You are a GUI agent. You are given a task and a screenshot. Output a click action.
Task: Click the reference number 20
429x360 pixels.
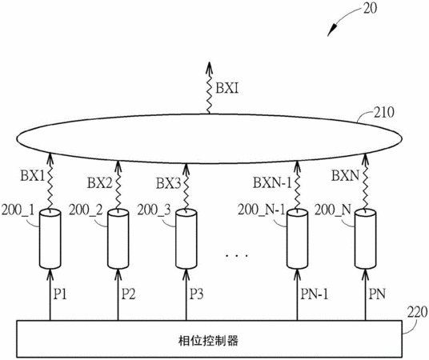pyautogui.click(x=369, y=8)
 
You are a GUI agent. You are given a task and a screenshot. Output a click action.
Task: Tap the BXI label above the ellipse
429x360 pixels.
pyautogui.click(x=227, y=88)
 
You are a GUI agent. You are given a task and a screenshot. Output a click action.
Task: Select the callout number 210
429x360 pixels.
pyautogui.click(x=383, y=112)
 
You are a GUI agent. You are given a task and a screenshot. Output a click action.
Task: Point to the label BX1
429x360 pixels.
pyautogui.click(x=33, y=176)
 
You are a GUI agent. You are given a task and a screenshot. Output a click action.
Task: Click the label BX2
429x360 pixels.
pyautogui.click(x=100, y=182)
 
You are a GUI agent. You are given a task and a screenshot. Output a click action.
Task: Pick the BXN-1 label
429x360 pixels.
pyautogui.click(x=272, y=182)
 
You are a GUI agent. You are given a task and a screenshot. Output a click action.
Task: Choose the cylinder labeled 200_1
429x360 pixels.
pyautogui.click(x=50, y=238)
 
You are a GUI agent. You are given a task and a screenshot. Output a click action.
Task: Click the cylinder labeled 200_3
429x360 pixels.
pyautogui.click(x=186, y=238)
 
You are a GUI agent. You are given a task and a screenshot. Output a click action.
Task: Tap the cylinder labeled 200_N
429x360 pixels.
pyautogui.click(x=365, y=238)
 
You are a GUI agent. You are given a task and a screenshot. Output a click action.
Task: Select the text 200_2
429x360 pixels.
pyautogui.click(x=86, y=210)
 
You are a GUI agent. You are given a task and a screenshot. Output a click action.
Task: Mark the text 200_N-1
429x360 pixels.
pyautogui.click(x=261, y=210)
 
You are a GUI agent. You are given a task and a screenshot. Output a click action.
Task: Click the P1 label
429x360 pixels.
pyautogui.click(x=60, y=294)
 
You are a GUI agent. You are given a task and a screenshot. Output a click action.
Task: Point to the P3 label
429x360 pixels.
pyautogui.click(x=196, y=294)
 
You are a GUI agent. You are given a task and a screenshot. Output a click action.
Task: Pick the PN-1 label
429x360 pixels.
pyautogui.click(x=314, y=294)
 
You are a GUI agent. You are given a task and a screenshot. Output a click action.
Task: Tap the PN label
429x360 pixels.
pyautogui.click(x=377, y=294)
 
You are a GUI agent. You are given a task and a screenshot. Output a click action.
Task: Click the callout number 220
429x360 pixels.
pyautogui.click(x=417, y=312)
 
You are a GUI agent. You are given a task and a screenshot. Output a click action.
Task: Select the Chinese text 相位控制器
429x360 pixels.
pyautogui.click(x=208, y=341)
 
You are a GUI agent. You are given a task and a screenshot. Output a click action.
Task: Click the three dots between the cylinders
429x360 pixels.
pyautogui.click(x=237, y=256)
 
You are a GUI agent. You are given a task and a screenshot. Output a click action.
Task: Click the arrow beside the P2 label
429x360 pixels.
pyautogui.click(x=118, y=294)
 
